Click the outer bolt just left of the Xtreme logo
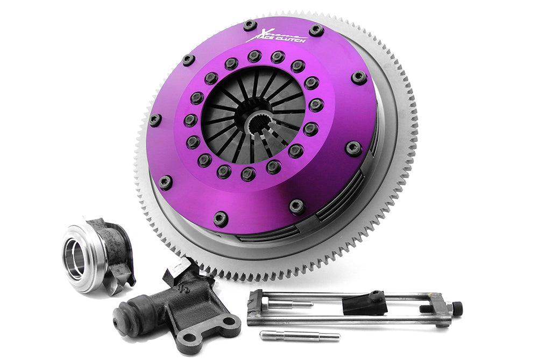coord(250,25)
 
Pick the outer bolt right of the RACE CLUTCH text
coord(316,30)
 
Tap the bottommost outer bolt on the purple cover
coord(220,218)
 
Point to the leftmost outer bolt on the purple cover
coord(155,119)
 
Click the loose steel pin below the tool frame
coord(299,336)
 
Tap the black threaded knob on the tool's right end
coord(456,309)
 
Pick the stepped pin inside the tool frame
coord(291,305)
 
